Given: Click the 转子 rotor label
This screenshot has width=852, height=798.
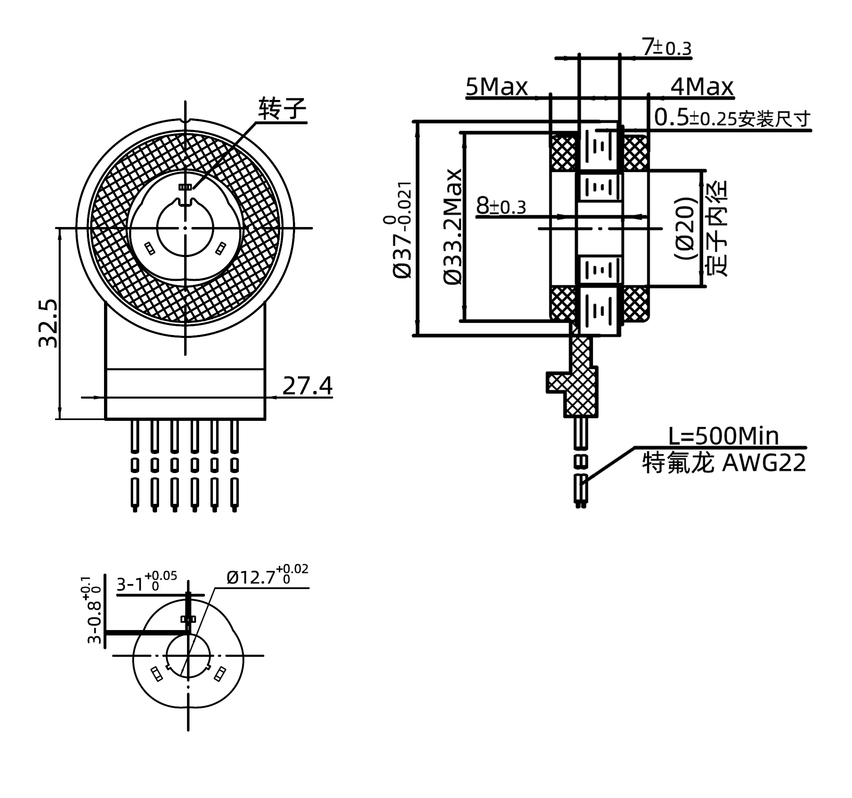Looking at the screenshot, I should tap(282, 108).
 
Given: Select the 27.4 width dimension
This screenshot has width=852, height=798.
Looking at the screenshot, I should tap(307, 386).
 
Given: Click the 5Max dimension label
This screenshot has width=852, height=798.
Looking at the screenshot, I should tap(497, 87).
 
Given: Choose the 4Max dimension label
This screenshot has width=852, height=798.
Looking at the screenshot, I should tap(701, 87).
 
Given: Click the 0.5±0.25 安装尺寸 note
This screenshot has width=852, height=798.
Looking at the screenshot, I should tap(733, 118).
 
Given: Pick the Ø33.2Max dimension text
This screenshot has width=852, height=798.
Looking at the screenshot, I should tap(453, 227).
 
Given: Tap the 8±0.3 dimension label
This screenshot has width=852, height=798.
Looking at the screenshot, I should tap(501, 206).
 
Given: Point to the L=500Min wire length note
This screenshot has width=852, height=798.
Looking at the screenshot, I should tap(723, 436).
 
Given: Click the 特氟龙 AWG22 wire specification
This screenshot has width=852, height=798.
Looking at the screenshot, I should tap(723, 463).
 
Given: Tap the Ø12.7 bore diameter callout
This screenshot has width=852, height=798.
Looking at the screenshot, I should tap(267, 577).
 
